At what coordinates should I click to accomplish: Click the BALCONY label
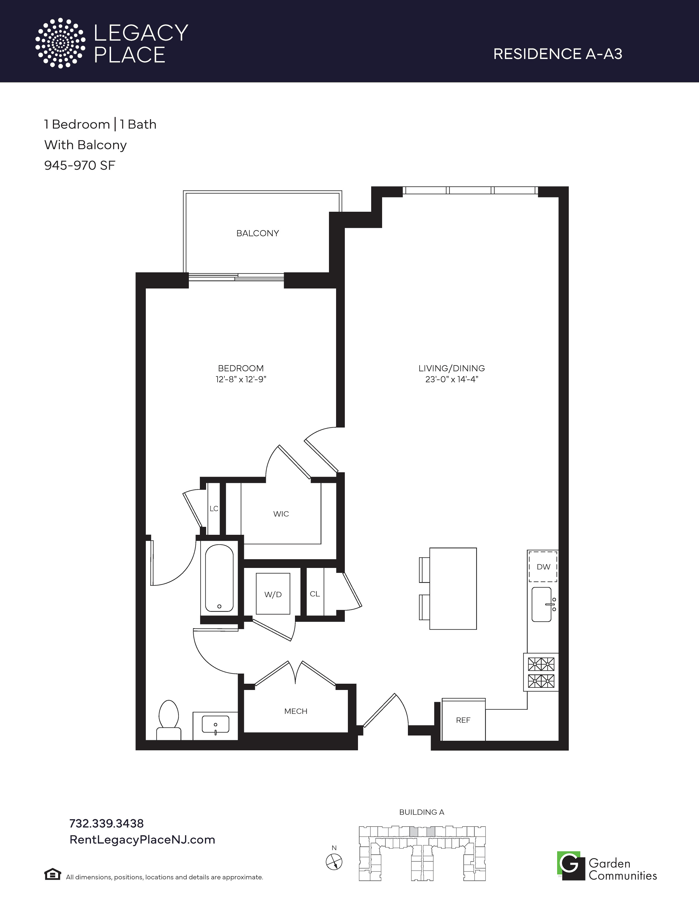pos(258,233)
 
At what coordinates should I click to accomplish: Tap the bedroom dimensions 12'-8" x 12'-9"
pos(241,379)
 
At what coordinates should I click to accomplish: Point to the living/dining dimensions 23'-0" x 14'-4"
pos(451,379)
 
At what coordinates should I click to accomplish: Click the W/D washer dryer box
pos(273,593)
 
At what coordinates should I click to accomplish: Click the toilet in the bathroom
pos(169,720)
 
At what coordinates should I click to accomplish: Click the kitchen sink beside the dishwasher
pos(542,604)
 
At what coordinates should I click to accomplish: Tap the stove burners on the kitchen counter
pos(541,672)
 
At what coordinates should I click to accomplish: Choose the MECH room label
pos(296,711)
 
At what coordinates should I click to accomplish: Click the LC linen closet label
pos(214,508)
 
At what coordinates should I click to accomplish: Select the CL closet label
pos(315,594)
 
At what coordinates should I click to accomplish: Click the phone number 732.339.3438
pos(106,823)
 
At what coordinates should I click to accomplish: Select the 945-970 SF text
pos(79,165)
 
